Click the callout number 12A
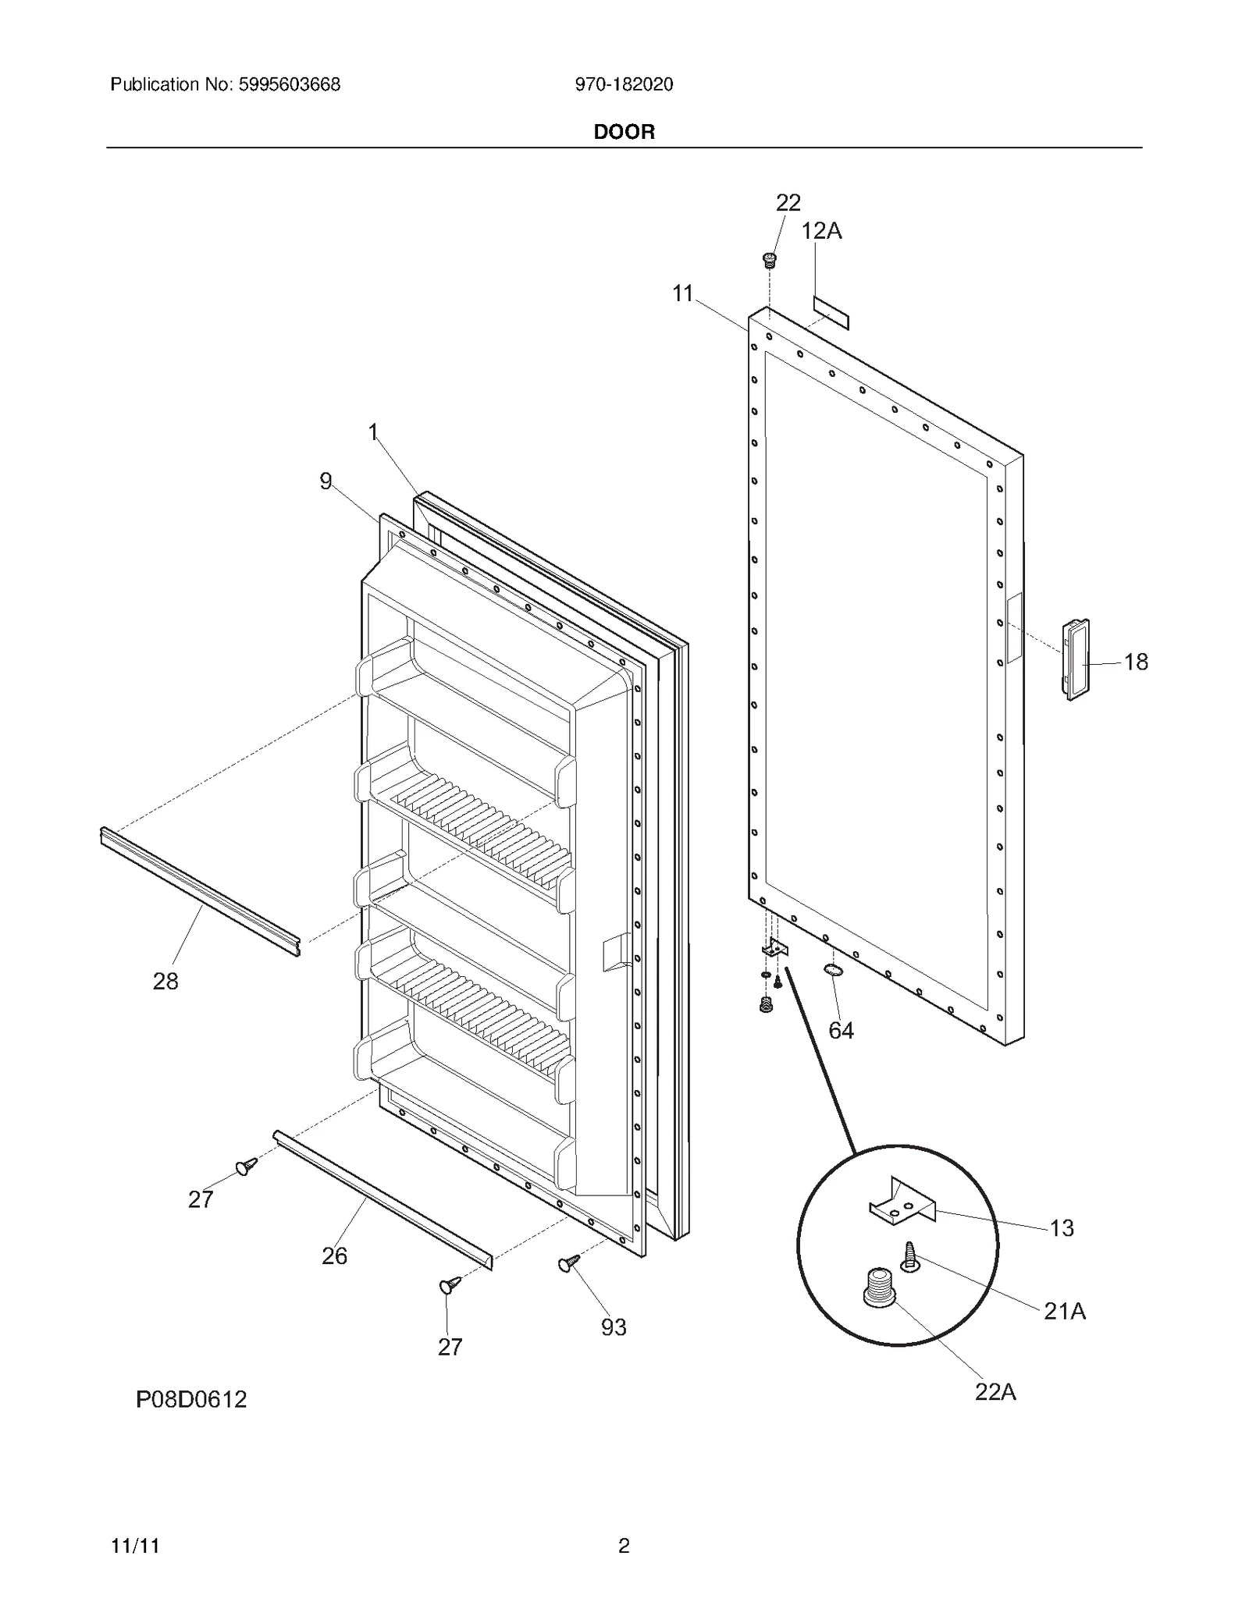(x=821, y=231)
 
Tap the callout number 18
(x=1135, y=662)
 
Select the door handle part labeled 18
(x=1075, y=659)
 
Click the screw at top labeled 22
(x=770, y=260)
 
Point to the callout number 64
(x=841, y=1031)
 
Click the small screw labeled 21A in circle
(x=909, y=1256)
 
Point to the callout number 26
(x=334, y=1256)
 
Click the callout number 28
(x=165, y=982)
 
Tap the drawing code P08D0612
(x=191, y=1399)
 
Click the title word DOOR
(x=624, y=132)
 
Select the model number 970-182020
(x=624, y=84)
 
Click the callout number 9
(x=326, y=481)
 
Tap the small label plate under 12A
(x=831, y=312)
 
